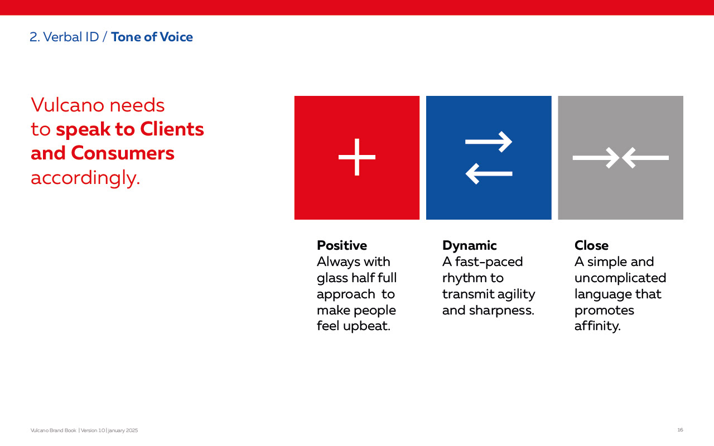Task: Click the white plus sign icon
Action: coord(356,157)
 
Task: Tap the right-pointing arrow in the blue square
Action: coord(489,142)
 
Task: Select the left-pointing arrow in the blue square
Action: coord(489,173)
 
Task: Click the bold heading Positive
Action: coord(342,245)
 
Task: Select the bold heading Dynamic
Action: coord(469,246)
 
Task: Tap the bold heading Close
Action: coord(591,245)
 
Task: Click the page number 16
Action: coord(680,430)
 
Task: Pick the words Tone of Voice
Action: coord(152,37)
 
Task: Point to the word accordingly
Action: coord(85,178)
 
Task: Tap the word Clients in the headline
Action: coord(172,129)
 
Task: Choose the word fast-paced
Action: coord(489,262)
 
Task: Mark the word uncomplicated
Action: coord(620,278)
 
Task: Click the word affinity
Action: coord(597,326)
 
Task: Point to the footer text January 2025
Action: coord(123,430)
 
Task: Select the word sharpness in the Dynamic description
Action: coord(501,311)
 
